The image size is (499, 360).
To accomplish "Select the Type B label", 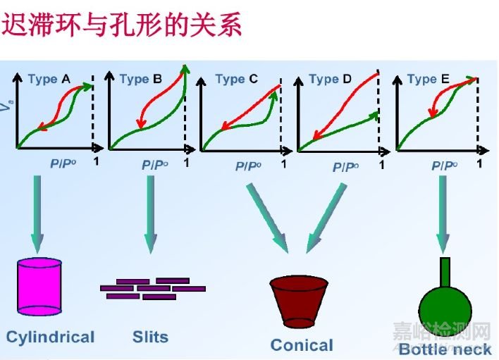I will pos(140,79).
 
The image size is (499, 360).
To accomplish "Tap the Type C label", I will pos(236,79).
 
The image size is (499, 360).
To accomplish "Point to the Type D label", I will pos(330,79).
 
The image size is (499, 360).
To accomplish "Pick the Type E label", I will pos(428,79).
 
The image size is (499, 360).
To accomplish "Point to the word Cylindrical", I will pos(50,337).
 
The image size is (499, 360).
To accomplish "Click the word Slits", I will pos(150,336).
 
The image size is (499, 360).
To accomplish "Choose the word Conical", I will pos(302,345).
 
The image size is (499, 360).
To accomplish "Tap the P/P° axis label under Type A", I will pos(61,163).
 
